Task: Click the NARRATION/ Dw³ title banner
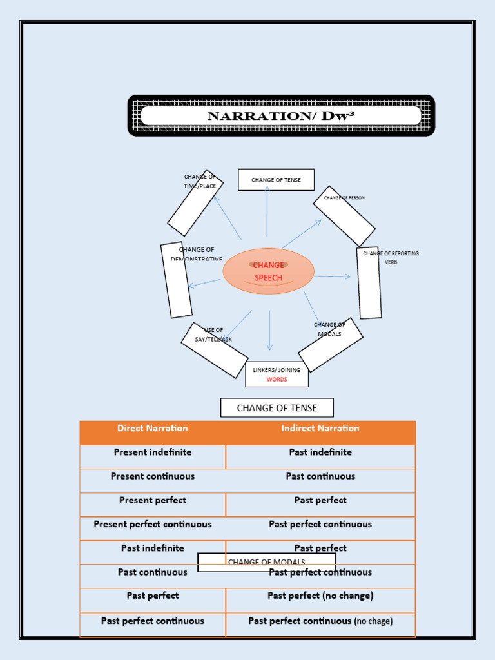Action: click(x=281, y=116)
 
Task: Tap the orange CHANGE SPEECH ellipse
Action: click(x=268, y=271)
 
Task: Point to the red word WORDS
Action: click(x=277, y=380)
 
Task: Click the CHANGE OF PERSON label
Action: click(x=344, y=198)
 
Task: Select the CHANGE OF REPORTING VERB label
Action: click(x=391, y=257)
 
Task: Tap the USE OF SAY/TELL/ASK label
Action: click(x=213, y=335)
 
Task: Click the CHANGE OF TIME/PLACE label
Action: click(x=200, y=181)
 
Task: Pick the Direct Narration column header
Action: click(x=153, y=429)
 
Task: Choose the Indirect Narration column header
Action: click(x=320, y=429)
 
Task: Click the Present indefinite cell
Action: click(x=153, y=452)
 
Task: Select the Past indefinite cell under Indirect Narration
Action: click(x=320, y=452)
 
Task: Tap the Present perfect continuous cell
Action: click(x=153, y=525)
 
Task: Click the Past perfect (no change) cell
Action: click(x=320, y=596)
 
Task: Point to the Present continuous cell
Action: click(x=153, y=476)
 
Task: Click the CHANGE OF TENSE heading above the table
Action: click(x=277, y=408)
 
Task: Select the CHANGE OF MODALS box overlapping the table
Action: click(x=266, y=563)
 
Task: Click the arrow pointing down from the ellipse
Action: click(x=269, y=331)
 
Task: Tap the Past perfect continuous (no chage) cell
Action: click(x=320, y=621)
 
